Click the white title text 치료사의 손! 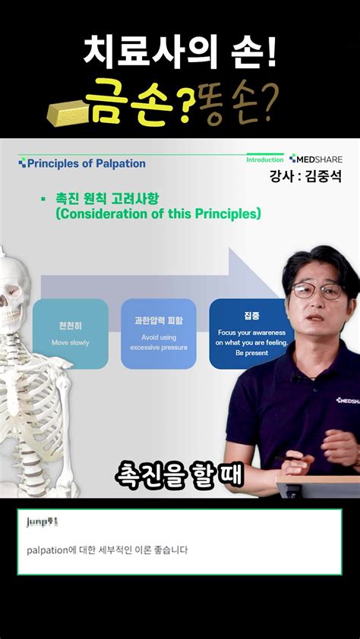tap(179, 53)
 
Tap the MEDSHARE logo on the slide tap(316, 159)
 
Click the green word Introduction tap(264, 160)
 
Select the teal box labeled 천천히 tap(70, 334)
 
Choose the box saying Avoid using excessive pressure tap(159, 334)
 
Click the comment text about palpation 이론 tap(106, 549)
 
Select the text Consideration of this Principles tap(158, 215)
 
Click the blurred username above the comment tap(42, 522)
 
